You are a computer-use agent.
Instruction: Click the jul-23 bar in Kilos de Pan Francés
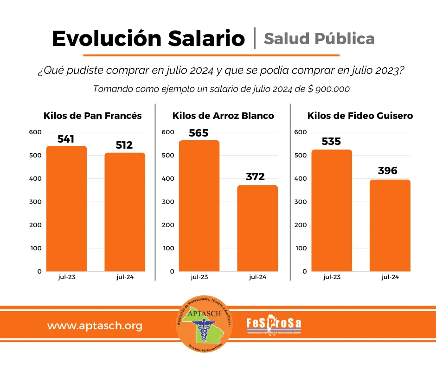tap(66, 209)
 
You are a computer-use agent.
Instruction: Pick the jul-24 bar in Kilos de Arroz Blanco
tap(257, 228)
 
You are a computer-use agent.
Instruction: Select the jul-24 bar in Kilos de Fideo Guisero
tap(390, 225)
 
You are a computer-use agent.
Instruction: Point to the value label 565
tap(199, 133)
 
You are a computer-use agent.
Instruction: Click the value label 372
tap(255, 177)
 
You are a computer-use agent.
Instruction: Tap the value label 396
tap(388, 171)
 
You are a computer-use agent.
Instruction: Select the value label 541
tap(66, 139)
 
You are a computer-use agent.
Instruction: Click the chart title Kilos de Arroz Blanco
tap(223, 116)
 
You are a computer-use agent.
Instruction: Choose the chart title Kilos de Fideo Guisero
tap(360, 116)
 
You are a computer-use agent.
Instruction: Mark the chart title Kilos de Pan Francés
tap(93, 116)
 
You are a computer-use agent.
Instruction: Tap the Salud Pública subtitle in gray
tap(319, 39)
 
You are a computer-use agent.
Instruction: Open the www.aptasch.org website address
tap(95, 326)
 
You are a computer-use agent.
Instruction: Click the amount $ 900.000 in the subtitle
tap(328, 89)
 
